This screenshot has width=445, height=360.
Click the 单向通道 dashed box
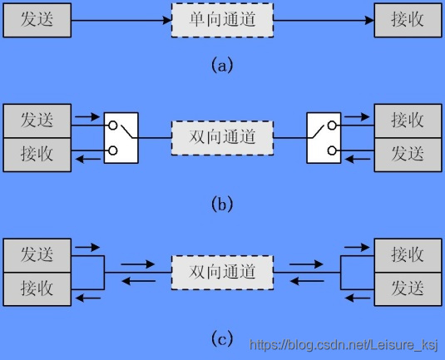click(x=222, y=20)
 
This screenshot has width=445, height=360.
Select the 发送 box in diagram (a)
click(x=37, y=20)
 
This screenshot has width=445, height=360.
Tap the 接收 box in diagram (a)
click(x=408, y=20)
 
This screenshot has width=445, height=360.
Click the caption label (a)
click(x=222, y=65)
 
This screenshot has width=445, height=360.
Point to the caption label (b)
click(x=222, y=204)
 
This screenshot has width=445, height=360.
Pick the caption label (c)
click(x=222, y=338)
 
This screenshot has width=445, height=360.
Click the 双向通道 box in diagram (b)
click(x=222, y=138)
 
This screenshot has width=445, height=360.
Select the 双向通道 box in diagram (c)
click(x=222, y=273)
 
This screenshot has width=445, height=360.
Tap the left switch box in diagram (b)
click(x=121, y=138)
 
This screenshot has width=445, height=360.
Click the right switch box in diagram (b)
click(x=324, y=138)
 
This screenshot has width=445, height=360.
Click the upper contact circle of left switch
click(x=112, y=125)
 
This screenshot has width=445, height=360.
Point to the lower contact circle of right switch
click(x=332, y=150)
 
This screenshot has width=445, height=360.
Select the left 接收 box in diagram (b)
click(x=37, y=155)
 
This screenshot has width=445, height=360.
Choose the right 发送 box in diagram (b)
click(x=408, y=155)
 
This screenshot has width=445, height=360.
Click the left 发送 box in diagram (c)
click(x=37, y=255)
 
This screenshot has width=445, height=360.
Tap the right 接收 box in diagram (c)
click(x=408, y=255)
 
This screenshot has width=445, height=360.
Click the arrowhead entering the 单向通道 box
click(x=167, y=20)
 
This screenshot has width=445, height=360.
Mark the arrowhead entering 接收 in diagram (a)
click(x=369, y=20)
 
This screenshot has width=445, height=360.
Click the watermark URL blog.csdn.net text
click(x=344, y=345)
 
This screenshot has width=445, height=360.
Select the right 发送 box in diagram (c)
click(x=408, y=289)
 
